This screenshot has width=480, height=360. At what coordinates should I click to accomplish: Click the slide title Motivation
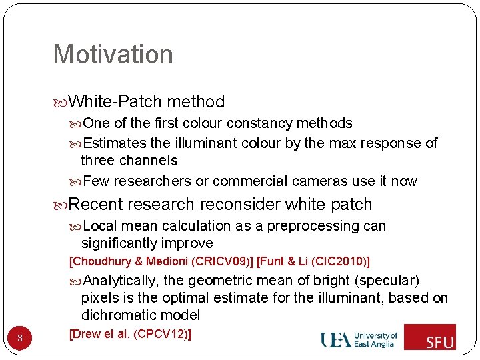[113, 55]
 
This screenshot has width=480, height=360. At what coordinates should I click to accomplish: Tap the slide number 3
[20, 338]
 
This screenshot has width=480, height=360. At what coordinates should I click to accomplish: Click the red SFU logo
[430, 337]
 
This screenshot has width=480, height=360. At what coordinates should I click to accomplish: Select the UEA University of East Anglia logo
[359, 339]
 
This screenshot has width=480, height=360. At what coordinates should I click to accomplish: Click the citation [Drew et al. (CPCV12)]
[130, 333]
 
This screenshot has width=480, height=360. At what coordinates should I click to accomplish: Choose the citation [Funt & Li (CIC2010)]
[313, 261]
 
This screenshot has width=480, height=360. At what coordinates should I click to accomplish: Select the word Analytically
[121, 280]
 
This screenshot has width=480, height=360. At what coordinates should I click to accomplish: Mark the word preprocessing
[301, 226]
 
